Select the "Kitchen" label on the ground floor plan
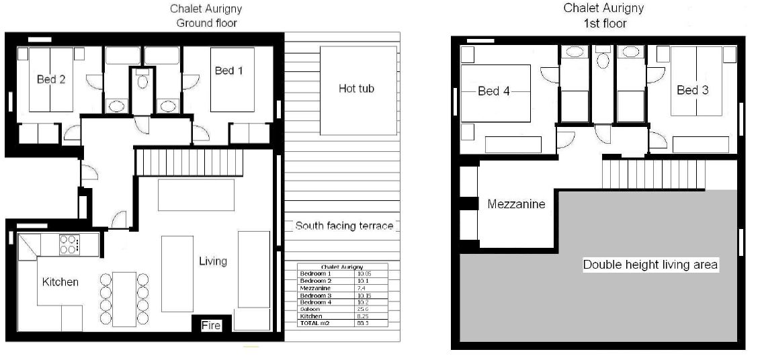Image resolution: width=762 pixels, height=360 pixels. (60, 282)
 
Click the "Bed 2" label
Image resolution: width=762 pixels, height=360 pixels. (51, 79)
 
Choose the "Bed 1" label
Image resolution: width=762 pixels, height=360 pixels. (228, 71)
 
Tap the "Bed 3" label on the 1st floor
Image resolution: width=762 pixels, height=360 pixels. (693, 90)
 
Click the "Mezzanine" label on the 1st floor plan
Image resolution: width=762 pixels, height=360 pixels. (516, 204)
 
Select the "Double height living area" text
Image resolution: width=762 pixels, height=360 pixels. (650, 265)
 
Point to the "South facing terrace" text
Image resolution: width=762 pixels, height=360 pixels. (344, 226)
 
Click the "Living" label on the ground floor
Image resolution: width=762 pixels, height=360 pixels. (212, 261)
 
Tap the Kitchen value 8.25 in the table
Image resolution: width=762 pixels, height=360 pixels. (365, 316)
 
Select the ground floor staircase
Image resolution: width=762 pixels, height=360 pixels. (189, 163)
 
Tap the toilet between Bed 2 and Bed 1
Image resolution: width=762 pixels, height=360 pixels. (142, 82)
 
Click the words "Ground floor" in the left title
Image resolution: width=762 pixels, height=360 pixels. (206, 23)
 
